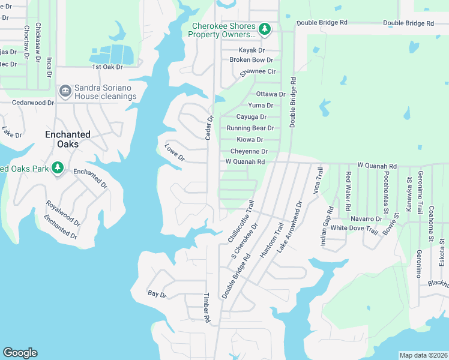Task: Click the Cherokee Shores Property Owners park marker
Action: pos(265,29)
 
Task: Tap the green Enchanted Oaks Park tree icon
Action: pos(58,168)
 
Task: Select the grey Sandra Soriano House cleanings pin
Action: pos(65,91)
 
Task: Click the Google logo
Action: pos(20,353)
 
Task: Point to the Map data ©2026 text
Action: pos(423,355)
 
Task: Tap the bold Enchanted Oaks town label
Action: pos(68,135)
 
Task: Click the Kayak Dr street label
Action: pos(252,50)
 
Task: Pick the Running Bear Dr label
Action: pos(250,128)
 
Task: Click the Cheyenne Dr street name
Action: pos(249,152)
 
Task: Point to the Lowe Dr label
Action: pos(175,152)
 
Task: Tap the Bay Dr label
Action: pos(157,293)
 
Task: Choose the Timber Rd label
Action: pos(206,308)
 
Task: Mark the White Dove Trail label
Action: pos(354,229)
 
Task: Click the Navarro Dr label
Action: pos(366,220)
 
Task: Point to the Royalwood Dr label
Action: pos(64,213)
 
